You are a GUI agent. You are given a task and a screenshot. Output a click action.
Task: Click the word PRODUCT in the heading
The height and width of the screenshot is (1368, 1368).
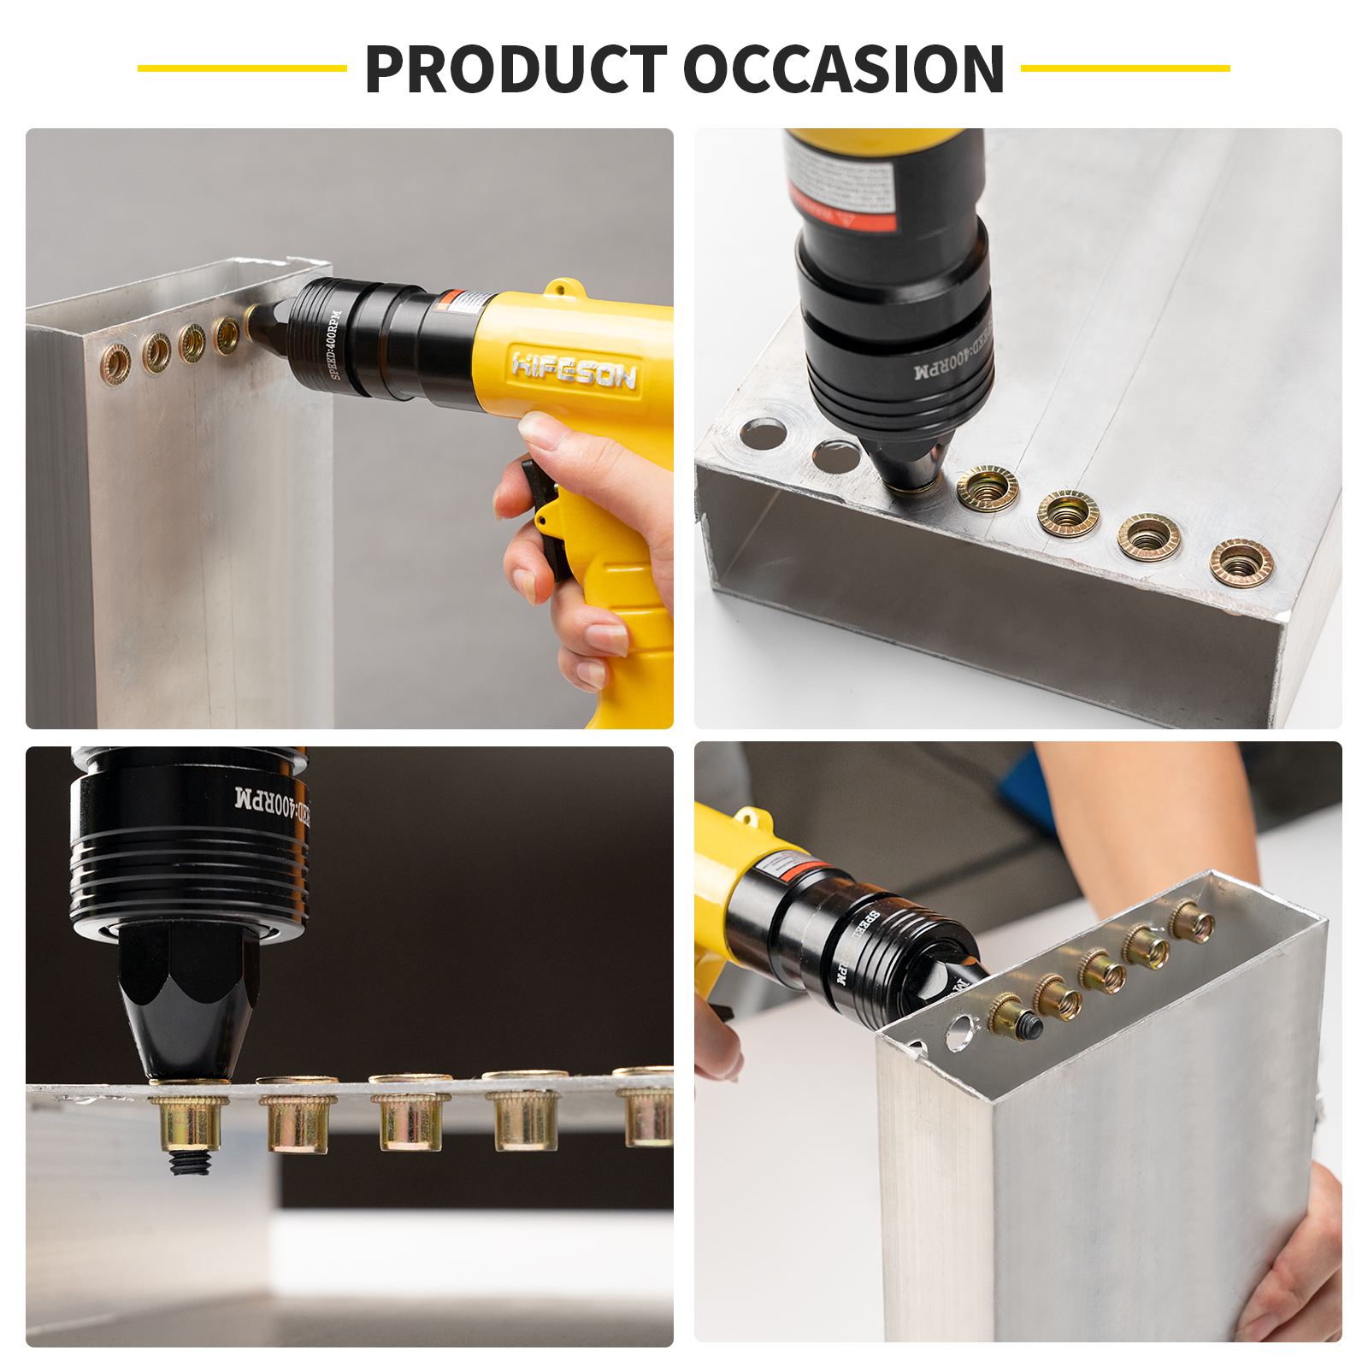pyautogui.click(x=516, y=69)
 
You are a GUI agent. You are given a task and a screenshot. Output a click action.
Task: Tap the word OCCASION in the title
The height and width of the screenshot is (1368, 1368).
pyautogui.click(x=843, y=69)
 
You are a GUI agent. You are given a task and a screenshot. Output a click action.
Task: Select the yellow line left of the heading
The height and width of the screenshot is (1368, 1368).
pyautogui.click(x=242, y=68)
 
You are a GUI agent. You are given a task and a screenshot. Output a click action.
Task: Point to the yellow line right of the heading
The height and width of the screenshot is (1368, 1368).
pyautogui.click(x=1125, y=68)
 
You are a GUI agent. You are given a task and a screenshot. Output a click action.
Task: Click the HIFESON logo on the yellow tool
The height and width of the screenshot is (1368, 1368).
pyautogui.click(x=574, y=370)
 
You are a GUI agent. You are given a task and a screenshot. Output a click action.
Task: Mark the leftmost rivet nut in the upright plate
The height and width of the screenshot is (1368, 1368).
pyautogui.click(x=115, y=363)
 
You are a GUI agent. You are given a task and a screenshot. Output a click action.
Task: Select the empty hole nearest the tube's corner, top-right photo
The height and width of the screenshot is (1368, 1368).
pyautogui.click(x=763, y=433)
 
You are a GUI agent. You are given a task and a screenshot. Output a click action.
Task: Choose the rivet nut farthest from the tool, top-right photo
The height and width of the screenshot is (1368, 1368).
pyautogui.click(x=1241, y=563)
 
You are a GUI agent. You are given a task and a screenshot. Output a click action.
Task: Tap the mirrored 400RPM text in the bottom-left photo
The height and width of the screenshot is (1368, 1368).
pyautogui.click(x=272, y=801)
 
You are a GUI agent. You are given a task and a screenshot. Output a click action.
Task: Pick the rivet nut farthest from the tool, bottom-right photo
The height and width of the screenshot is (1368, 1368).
pyautogui.click(x=1193, y=922)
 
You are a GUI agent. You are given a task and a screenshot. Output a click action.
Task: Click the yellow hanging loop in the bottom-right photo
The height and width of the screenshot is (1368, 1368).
pyautogui.click(x=751, y=819)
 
